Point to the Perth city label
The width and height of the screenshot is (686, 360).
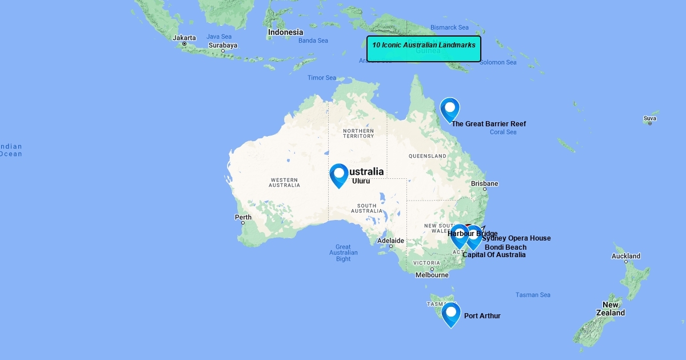[x=243, y=217]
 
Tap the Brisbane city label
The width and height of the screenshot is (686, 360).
[x=484, y=183]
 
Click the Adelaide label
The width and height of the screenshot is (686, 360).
[x=390, y=241]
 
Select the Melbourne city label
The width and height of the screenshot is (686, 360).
[x=432, y=275]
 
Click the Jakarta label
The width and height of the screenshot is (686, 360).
[x=184, y=38]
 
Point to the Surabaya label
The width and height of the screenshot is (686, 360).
[x=222, y=45]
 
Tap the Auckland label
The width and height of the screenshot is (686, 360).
[x=626, y=256]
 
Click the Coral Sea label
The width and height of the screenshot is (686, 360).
[x=503, y=132]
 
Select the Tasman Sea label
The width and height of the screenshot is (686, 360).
[x=533, y=295]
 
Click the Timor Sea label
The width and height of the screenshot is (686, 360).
[x=322, y=78]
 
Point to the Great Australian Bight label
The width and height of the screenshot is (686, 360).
[x=344, y=253]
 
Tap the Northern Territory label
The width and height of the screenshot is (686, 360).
[x=358, y=133]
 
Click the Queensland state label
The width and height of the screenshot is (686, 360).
[x=428, y=156]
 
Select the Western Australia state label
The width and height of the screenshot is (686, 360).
[x=284, y=182]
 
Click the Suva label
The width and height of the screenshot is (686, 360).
[x=649, y=119]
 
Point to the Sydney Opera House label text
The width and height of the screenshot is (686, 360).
[x=517, y=238]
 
